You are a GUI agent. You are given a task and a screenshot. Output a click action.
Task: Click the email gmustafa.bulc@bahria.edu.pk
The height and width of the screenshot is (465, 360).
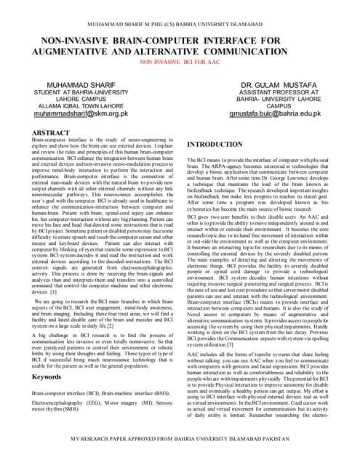coord(275,115)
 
